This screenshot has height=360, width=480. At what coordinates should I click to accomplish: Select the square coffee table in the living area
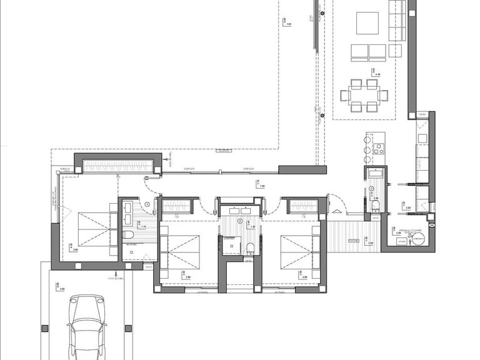(367, 23)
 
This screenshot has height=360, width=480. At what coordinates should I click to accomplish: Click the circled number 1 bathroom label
(147, 204)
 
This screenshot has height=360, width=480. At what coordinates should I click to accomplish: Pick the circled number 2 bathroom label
(239, 221)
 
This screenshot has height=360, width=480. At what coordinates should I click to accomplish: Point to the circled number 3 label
(371, 189)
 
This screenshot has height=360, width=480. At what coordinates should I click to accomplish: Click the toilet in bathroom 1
(128, 234)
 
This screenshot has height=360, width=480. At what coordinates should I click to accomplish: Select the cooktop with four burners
(377, 149)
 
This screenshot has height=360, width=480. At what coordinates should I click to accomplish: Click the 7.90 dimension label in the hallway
(262, 186)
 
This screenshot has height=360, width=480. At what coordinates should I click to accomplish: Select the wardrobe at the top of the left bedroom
(114, 165)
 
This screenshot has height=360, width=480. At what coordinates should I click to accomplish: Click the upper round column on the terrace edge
(322, 13)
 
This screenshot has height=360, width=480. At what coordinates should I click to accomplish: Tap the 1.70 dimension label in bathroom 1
(143, 227)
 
